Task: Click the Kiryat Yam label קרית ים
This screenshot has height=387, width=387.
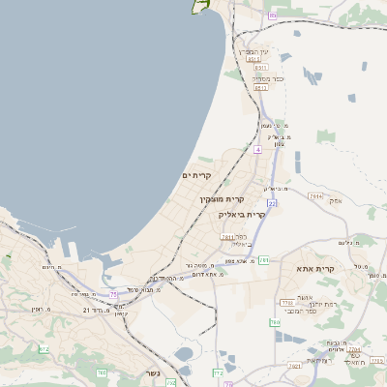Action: click(x=196, y=175)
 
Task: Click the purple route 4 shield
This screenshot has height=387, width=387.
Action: click(x=258, y=150)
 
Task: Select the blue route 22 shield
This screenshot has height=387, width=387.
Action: click(x=273, y=204)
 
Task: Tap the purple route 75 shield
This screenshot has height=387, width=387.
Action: click(x=113, y=294)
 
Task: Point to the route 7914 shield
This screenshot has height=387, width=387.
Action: click(x=315, y=195)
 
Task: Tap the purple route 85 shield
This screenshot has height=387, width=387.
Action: click(x=273, y=15)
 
